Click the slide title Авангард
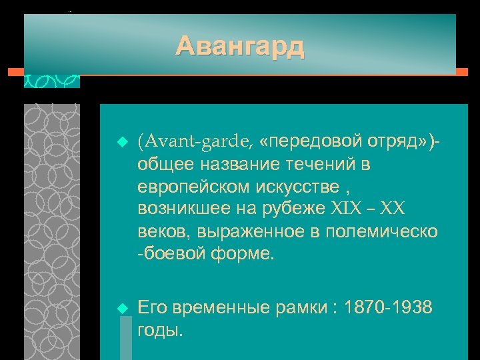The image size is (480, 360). (x=240, y=47)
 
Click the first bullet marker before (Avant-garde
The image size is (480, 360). (x=121, y=142)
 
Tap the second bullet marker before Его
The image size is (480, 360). (x=121, y=307)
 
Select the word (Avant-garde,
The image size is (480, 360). (x=195, y=141)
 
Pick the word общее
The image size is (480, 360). (x=163, y=164)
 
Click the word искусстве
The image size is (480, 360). (x=292, y=187)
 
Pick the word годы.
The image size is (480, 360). (x=160, y=331)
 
